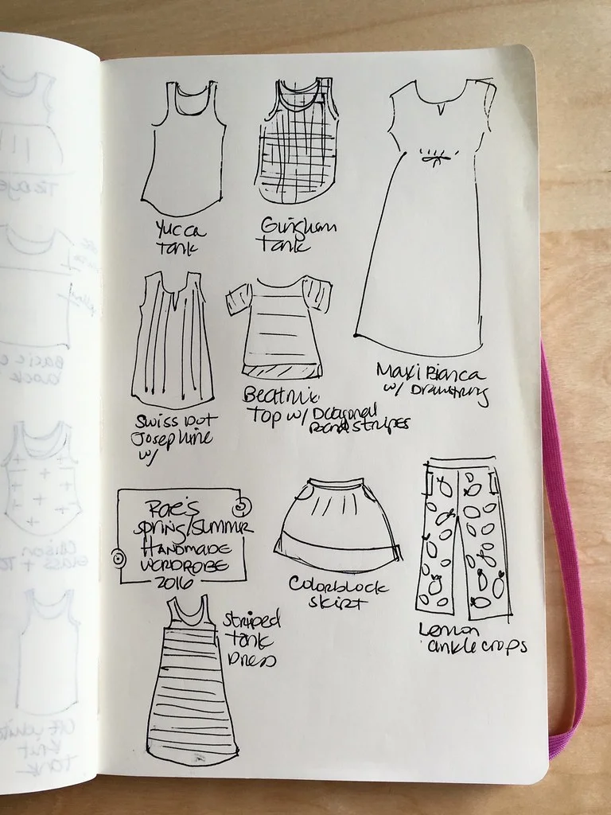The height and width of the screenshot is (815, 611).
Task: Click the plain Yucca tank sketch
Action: [185, 151]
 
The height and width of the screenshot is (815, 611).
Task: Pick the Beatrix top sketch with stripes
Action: [278, 326]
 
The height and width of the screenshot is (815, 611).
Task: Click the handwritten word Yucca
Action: [182, 231]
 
